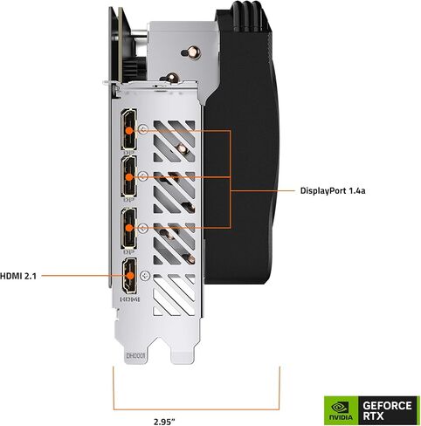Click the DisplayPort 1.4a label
[x=333, y=191]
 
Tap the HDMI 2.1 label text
[x=18, y=276]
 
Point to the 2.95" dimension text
[x=164, y=421]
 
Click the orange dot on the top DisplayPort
[x=129, y=131]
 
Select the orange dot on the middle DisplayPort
[x=129, y=177]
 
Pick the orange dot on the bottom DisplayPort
[x=129, y=228]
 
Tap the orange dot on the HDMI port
[x=130, y=276]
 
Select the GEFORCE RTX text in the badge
[x=387, y=410]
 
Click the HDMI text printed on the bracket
[x=130, y=299]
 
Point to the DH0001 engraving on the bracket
[x=135, y=356]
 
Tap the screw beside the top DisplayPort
[x=143, y=129]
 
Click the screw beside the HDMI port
[x=145, y=275]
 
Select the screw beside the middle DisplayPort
[x=143, y=175]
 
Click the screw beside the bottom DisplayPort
[x=143, y=229]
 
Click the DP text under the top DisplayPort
[x=128, y=152]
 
